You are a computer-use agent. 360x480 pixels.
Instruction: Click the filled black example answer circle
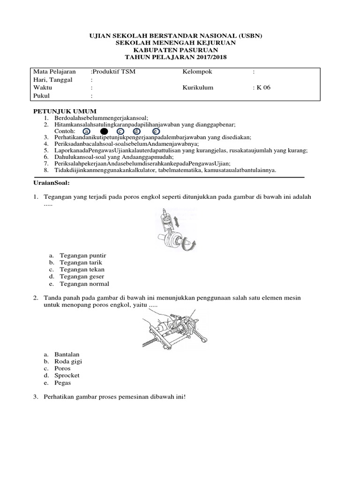104,131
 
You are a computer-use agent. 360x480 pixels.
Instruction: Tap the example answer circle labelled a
87,131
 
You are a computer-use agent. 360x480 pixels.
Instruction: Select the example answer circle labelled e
155,131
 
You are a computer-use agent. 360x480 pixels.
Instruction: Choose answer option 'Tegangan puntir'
83,255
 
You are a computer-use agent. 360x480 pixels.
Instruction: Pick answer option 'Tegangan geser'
82,277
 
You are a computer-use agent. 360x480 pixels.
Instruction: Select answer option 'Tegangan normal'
84,284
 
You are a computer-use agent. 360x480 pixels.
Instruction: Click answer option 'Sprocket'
67,375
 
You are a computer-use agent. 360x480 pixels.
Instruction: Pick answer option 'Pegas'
63,382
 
